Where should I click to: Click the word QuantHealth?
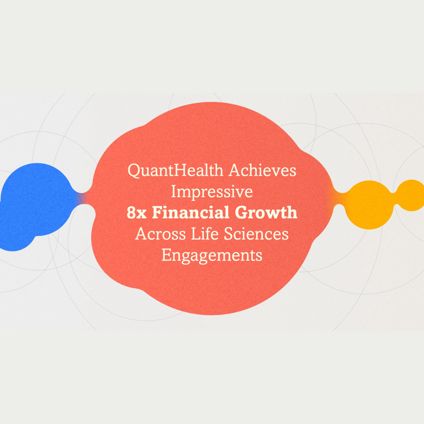tap(176, 171)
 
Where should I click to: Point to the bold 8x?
tap(137, 213)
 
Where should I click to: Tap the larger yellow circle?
tap(369, 205)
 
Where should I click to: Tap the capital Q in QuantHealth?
tap(135, 171)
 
